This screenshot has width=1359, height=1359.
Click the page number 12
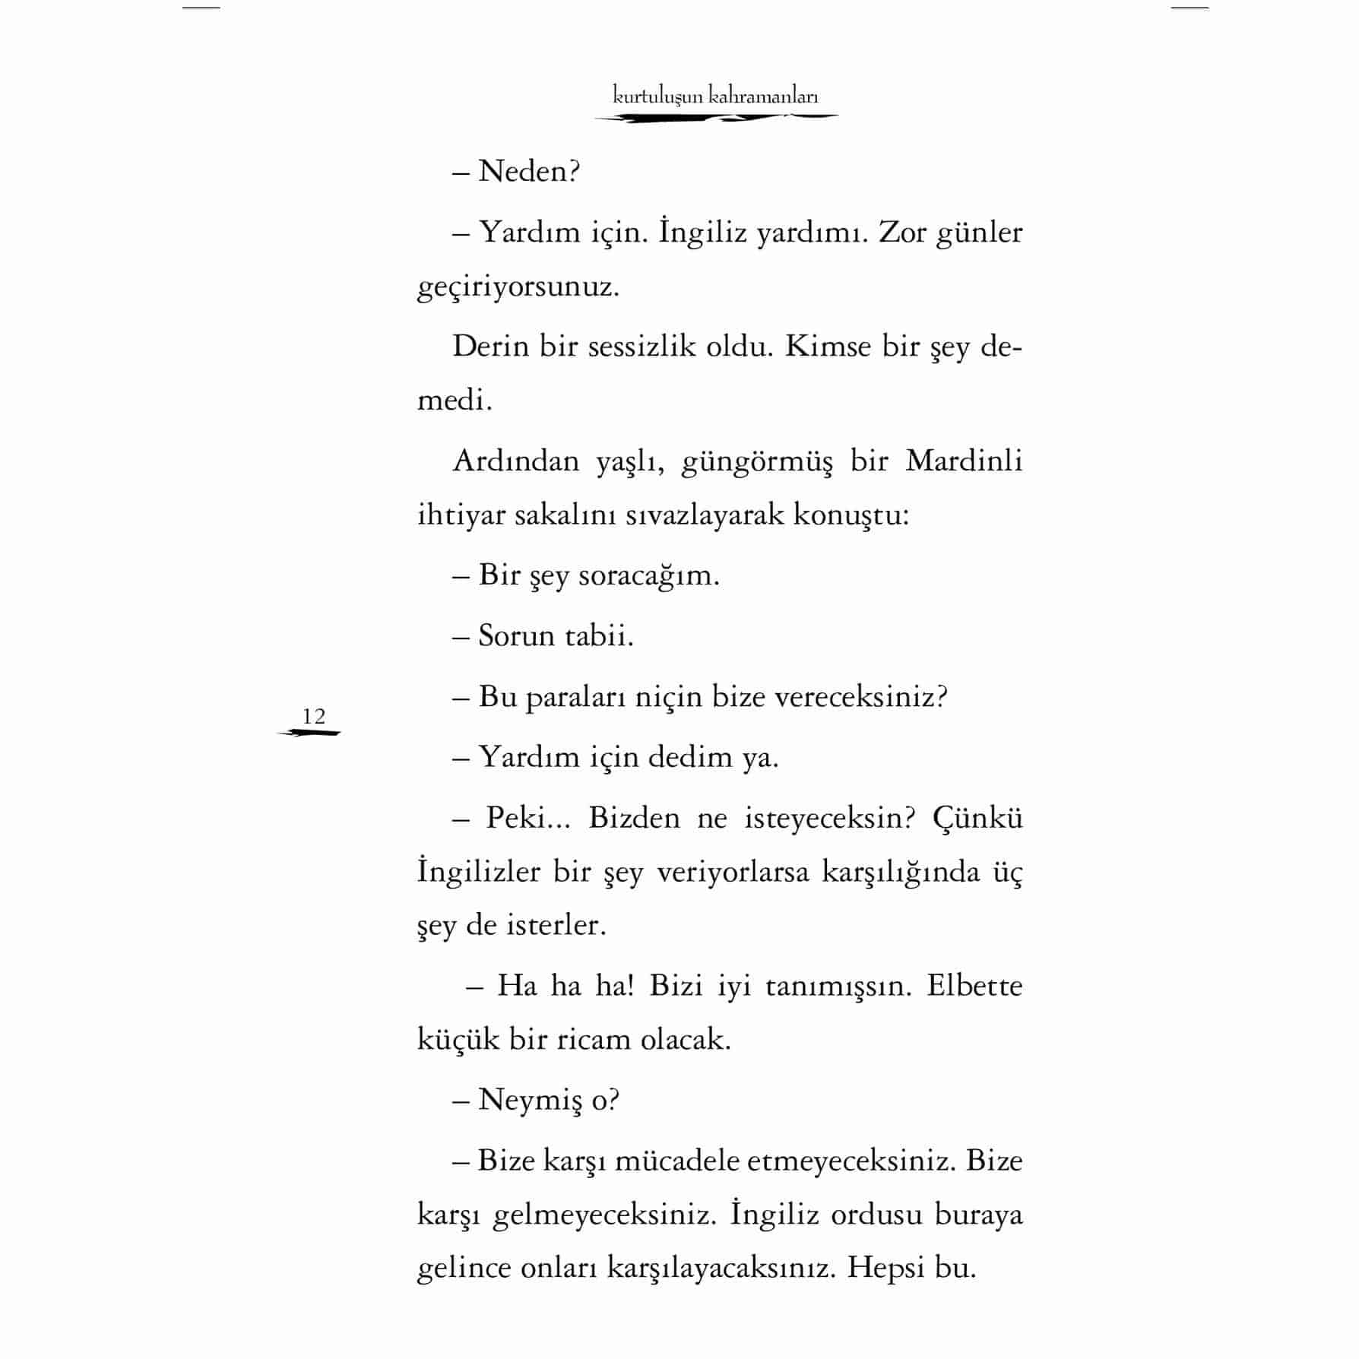[x=313, y=716]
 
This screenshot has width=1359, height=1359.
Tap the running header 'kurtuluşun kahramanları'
[x=715, y=97]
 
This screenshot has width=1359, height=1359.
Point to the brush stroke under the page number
[x=309, y=733]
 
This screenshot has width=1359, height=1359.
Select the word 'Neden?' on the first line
[x=529, y=172]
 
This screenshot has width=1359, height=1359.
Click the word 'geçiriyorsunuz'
[x=518, y=288]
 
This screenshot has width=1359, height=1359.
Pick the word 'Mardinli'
[x=964, y=461]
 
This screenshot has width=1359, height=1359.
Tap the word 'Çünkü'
[x=977, y=819]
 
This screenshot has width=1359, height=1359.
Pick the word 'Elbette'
[x=974, y=986]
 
